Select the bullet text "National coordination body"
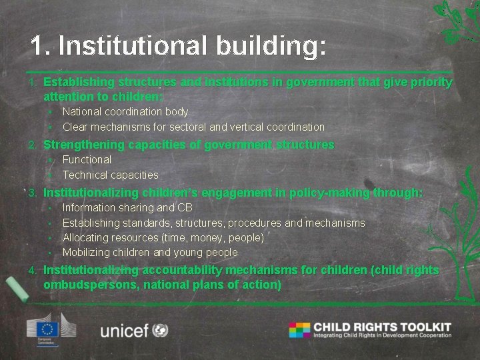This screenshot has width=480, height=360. click(125, 112)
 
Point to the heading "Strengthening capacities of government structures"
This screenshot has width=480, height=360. click(189, 145)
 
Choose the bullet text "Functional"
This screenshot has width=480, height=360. click(87, 160)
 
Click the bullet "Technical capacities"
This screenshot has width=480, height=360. click(110, 175)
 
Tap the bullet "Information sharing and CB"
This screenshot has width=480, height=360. click(127, 208)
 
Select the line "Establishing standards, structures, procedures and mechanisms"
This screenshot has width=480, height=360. click(213, 223)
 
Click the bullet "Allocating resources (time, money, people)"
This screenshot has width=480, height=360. click(163, 237)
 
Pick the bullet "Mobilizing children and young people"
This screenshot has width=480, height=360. click(150, 252)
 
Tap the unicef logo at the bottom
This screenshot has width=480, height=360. click(133, 329)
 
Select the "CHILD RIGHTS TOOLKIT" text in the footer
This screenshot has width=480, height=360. click(382, 327)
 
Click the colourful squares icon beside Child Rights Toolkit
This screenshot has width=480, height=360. click(299, 329)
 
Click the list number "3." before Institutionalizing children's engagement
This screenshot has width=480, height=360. click(33, 193)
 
